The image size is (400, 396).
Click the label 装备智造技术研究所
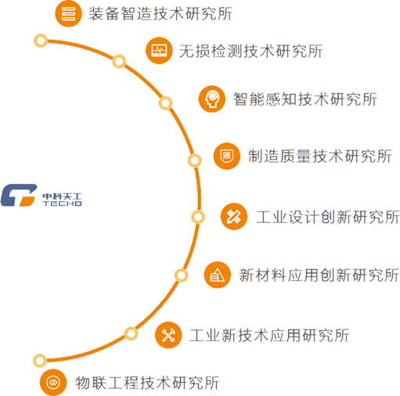(160, 13)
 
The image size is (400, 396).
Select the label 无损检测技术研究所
(250, 51)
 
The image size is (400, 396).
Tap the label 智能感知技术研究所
(305, 99)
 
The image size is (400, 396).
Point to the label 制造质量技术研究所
(320, 156)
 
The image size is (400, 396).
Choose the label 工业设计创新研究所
(328, 217)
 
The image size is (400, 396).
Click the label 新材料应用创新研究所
(319, 275)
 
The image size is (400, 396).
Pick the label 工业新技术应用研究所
(269, 335)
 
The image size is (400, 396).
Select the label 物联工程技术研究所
(147, 383)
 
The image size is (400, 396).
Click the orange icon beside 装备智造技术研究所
(68, 13)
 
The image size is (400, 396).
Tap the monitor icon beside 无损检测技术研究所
(159, 51)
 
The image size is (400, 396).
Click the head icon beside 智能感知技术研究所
(212, 99)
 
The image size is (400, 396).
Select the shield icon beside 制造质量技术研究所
(227, 156)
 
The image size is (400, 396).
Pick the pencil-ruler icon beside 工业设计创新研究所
(234, 217)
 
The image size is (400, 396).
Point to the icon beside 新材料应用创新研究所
(218, 275)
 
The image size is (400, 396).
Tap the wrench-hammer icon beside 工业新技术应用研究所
(168, 335)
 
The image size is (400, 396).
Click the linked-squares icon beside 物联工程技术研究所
(53, 383)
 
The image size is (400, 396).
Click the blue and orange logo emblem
(19, 195)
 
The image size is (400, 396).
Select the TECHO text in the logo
(63, 203)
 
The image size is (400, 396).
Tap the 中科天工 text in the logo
(63, 196)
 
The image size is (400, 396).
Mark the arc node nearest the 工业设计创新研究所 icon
(198, 217)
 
